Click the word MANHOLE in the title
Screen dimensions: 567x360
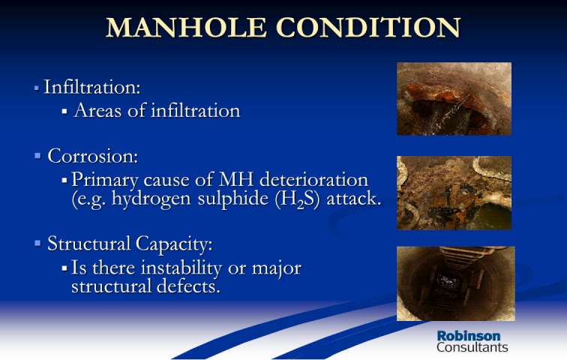click(186, 28)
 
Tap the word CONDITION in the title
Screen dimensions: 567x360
click(368, 28)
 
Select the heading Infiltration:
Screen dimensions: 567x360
click(91, 87)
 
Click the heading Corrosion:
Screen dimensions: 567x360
click(92, 156)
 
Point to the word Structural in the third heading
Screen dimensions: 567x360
click(88, 243)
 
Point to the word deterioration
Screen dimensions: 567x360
click(313, 179)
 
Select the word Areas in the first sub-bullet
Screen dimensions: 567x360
click(97, 110)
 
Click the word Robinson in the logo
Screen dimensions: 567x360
click(469, 336)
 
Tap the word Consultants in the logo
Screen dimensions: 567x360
click(472, 347)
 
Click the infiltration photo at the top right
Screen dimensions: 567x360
click(454, 99)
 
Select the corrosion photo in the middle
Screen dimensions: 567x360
click(454, 193)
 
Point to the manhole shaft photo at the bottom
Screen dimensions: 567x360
click(456, 283)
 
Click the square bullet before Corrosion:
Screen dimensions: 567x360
click(37, 156)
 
